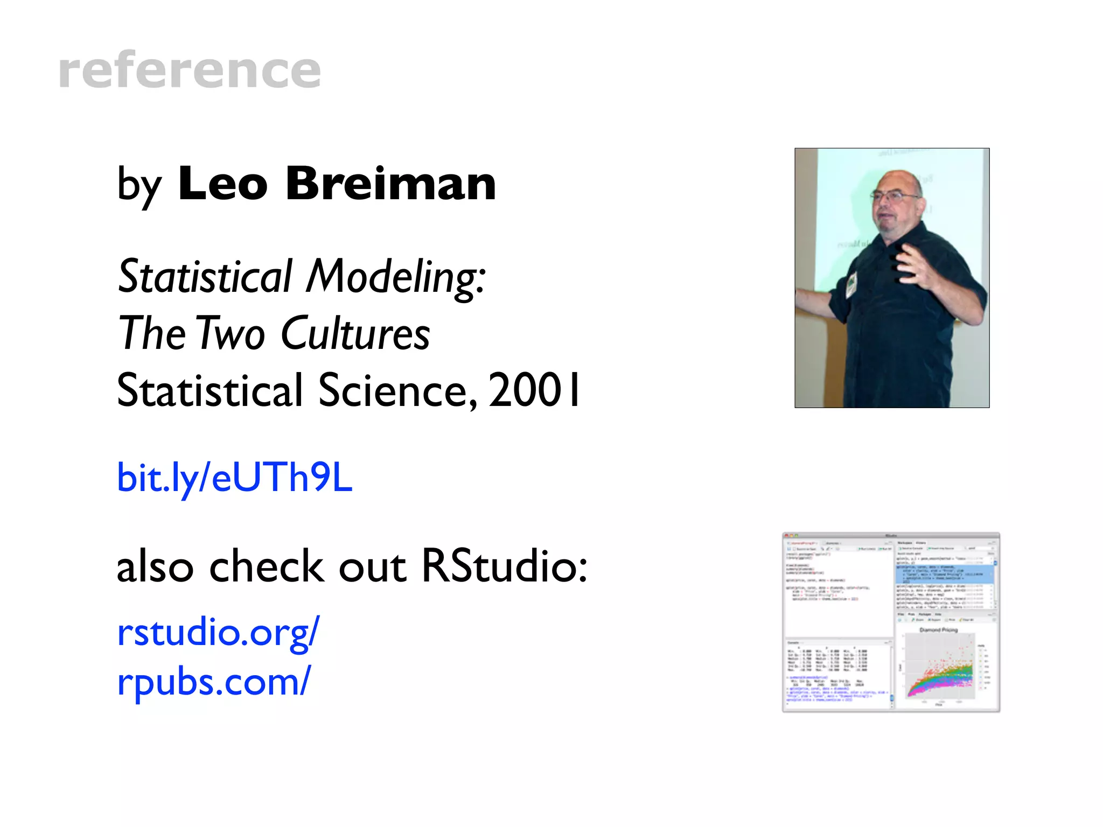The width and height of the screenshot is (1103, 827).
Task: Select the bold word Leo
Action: coord(222,184)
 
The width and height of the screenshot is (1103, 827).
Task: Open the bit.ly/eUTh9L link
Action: coord(235,478)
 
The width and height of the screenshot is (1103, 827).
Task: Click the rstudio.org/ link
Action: coord(218,632)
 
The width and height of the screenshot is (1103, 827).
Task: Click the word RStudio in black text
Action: coord(504,567)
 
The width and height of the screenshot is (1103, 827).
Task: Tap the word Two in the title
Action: coord(231,334)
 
